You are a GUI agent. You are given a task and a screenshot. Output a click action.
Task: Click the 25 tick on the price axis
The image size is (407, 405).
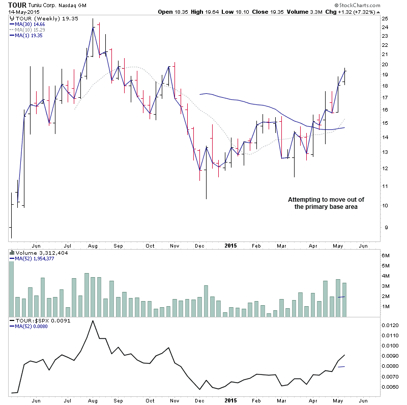point(385,19)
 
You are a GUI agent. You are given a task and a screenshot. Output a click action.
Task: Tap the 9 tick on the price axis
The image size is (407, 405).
point(385,228)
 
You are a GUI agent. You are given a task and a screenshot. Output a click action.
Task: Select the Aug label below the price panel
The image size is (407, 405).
point(93,246)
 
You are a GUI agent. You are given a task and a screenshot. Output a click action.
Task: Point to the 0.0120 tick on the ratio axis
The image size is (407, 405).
point(389,325)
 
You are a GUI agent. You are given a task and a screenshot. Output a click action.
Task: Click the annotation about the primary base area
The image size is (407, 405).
point(323,203)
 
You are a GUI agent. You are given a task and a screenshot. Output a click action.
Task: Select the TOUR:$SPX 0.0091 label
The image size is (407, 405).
point(39,321)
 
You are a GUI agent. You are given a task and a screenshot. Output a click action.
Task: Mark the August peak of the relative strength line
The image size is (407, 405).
point(93,321)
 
